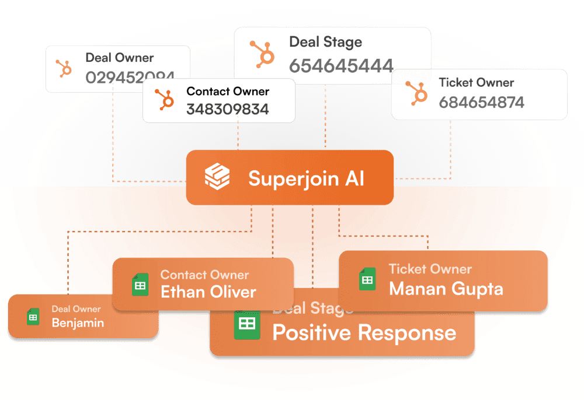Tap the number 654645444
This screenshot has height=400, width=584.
tap(341, 66)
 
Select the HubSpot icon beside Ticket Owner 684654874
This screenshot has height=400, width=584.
tap(418, 94)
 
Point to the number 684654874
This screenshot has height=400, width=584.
tap(482, 103)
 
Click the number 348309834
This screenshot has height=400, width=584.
tap(228, 109)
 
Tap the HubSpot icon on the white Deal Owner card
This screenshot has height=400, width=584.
tap(64, 69)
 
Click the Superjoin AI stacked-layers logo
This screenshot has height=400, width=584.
tap(217, 177)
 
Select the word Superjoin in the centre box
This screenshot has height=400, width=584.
tap(290, 178)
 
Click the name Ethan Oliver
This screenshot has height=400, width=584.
tap(208, 292)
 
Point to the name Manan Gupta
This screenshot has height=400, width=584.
tap(446, 288)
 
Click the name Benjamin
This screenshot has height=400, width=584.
tap(78, 322)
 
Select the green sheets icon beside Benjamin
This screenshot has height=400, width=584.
tap(33, 317)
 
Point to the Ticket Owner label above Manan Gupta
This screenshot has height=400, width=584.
tap(430, 269)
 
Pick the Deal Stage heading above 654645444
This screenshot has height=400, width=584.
tap(325, 42)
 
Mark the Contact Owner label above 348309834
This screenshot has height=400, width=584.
tap(228, 92)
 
